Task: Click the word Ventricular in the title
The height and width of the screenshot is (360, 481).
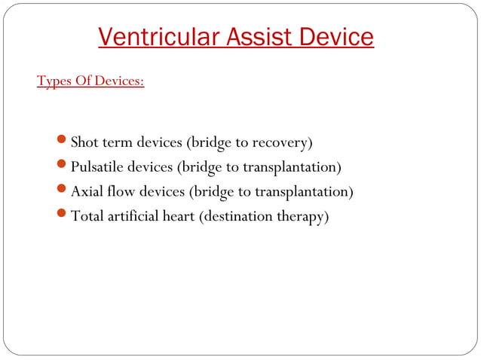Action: pos(155,36)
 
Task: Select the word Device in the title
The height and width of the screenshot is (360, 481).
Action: pos(336,36)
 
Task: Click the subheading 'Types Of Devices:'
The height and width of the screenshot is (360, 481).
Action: pos(90,80)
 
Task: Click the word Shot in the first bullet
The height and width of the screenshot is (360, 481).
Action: pos(85,142)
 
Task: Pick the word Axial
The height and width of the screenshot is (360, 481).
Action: pos(87,191)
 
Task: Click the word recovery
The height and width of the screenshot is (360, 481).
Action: pos(282,142)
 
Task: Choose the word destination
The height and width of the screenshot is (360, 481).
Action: pos(235,216)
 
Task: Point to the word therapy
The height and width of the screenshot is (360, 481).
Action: pos(303,217)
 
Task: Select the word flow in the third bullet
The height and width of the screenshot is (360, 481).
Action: pos(121,191)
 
